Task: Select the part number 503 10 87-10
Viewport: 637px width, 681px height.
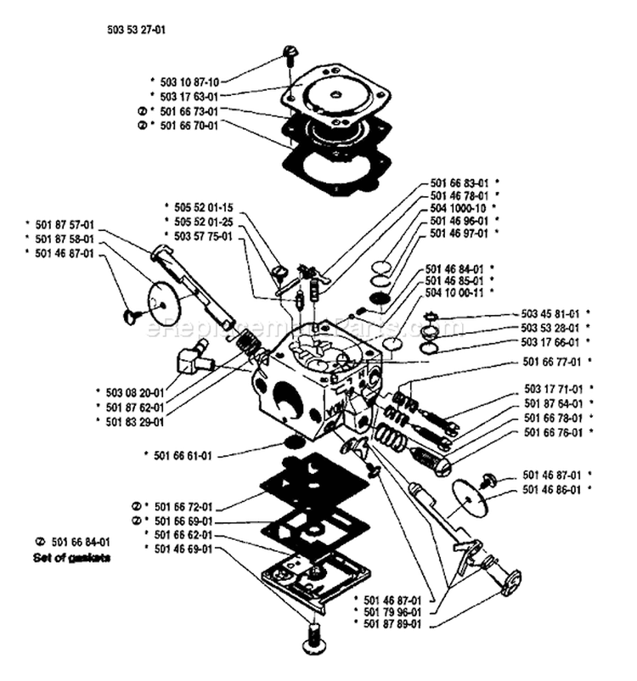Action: (184, 82)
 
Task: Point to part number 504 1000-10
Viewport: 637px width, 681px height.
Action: (459, 207)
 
